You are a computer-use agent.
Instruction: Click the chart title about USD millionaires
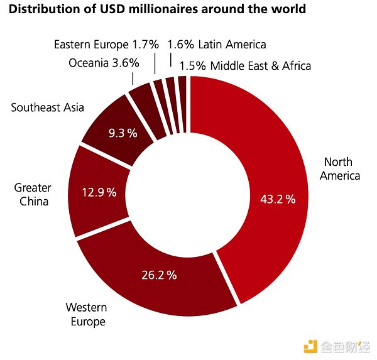[x=157, y=9]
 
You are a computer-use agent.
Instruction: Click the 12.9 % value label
[x=99, y=192]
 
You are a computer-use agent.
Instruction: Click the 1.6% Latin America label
[x=216, y=45]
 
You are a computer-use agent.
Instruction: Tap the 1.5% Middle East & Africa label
[x=245, y=65]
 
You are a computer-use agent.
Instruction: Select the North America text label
[x=339, y=168]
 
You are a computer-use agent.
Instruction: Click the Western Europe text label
[x=86, y=314]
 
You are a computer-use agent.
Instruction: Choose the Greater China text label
[x=33, y=195]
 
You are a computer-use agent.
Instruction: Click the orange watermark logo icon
[x=310, y=345]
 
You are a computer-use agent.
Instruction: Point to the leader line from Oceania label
[x=133, y=77]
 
